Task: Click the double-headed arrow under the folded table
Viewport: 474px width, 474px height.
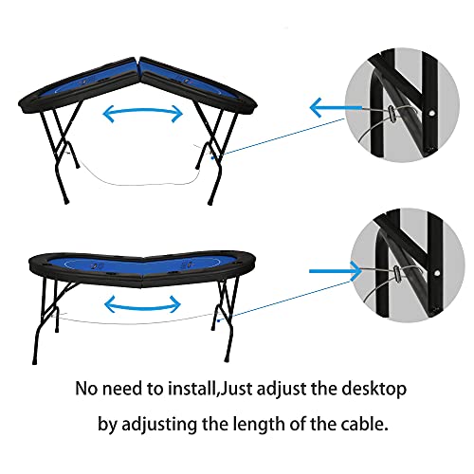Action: point(142,114)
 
